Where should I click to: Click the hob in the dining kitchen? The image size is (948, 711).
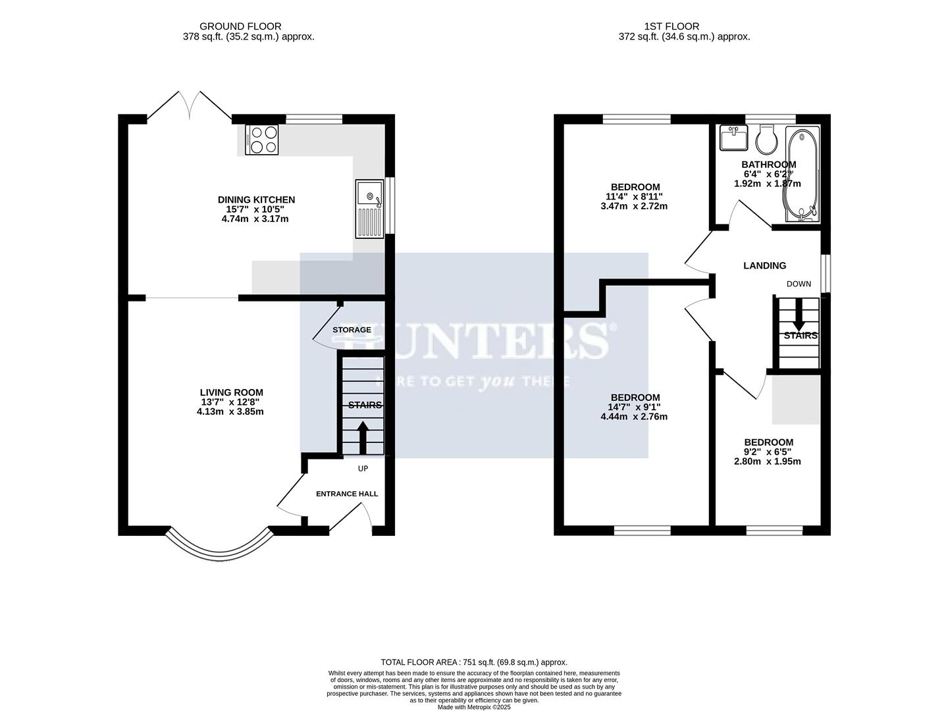tap(262, 140)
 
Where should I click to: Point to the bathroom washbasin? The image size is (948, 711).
tap(733, 138)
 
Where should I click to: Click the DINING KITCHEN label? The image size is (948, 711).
tap(256, 199)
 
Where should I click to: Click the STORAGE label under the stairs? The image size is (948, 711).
tap(352, 330)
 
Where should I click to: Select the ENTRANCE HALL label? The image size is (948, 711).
tap(347, 494)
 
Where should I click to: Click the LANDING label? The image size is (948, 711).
tap(764, 266)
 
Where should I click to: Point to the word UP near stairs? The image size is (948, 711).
tap(363, 469)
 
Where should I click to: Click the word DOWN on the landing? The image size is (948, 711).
tap(799, 284)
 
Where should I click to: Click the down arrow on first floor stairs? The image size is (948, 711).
tap(798, 316)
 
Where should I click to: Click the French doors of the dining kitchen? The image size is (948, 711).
tap(189, 105)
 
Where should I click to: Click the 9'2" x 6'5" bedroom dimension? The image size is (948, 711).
tap(768, 452)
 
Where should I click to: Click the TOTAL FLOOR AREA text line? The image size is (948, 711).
tap(474, 662)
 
